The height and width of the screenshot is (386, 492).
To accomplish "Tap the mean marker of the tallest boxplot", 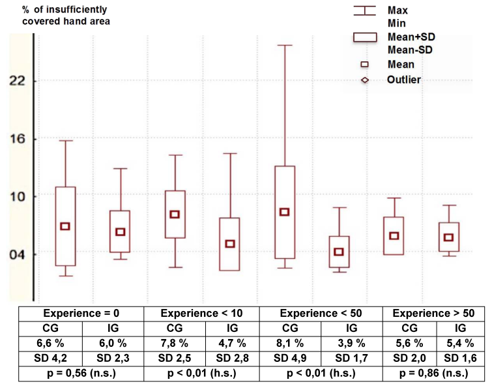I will (x=284, y=212).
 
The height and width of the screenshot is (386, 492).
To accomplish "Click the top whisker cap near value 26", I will (x=284, y=45).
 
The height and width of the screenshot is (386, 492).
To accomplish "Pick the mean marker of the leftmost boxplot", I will (x=65, y=226).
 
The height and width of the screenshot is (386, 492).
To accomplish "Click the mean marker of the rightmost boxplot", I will (x=448, y=237).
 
